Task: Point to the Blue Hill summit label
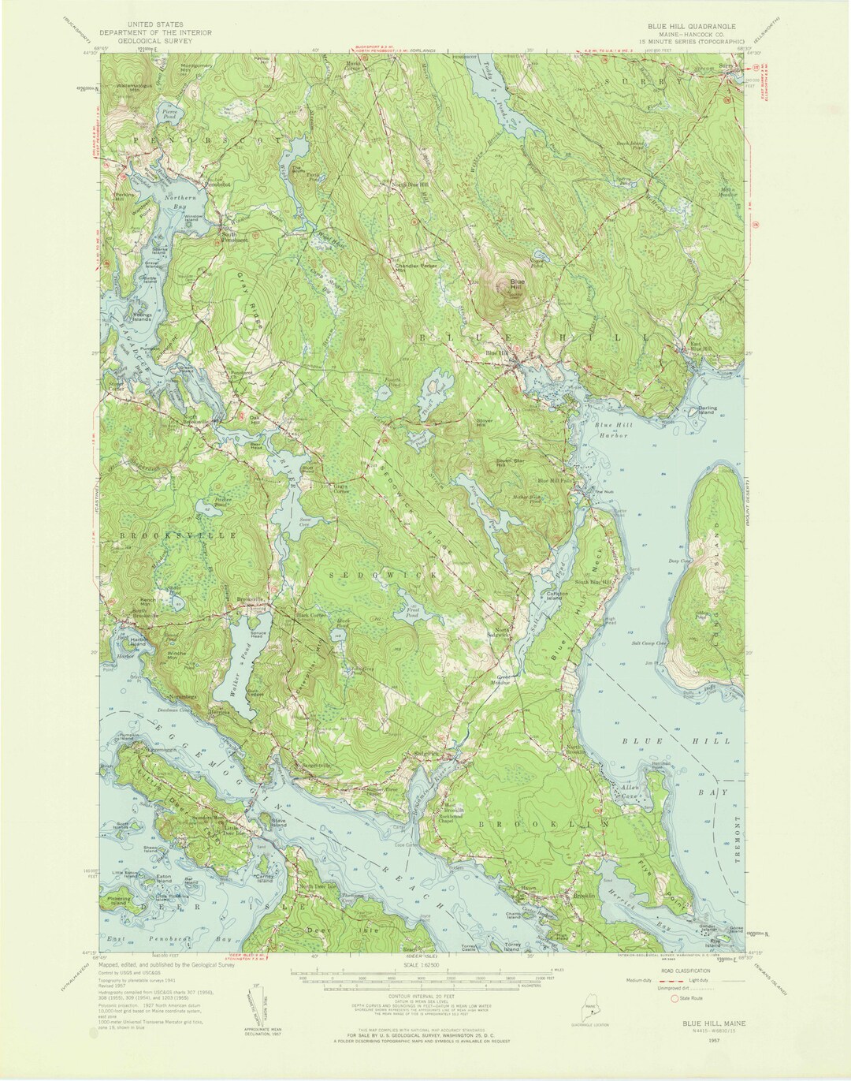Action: [517, 285]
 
